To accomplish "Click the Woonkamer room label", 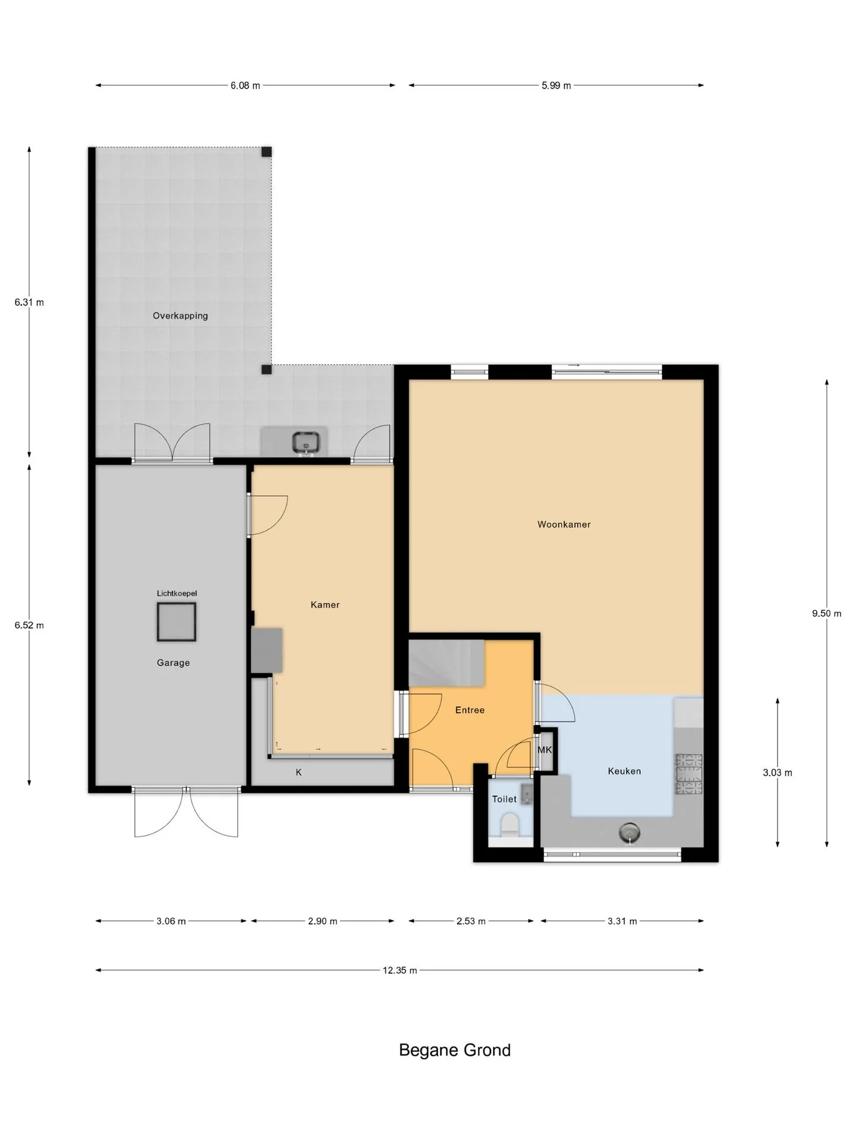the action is (x=564, y=524).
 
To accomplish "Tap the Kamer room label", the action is (x=325, y=604).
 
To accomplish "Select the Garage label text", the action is (x=174, y=663).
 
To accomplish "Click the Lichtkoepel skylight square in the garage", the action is (x=177, y=622).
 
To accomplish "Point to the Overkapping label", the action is (x=180, y=316).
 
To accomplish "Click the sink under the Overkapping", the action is (x=306, y=442).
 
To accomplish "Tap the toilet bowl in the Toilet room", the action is (x=510, y=825).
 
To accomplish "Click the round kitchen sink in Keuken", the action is (x=630, y=833).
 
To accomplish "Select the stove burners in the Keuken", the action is (x=688, y=774).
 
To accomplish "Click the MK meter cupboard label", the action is (x=545, y=750).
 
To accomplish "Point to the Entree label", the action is (x=470, y=710).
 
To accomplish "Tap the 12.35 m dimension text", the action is (x=399, y=970).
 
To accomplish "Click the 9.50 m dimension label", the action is (x=827, y=613).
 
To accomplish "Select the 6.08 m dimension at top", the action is (x=246, y=86).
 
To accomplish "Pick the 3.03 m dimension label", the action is (x=778, y=773).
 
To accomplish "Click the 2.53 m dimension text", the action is (x=471, y=921).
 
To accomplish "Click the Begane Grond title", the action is (x=455, y=1050).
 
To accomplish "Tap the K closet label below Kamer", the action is (x=299, y=773).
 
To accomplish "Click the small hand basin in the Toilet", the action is (x=527, y=794).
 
